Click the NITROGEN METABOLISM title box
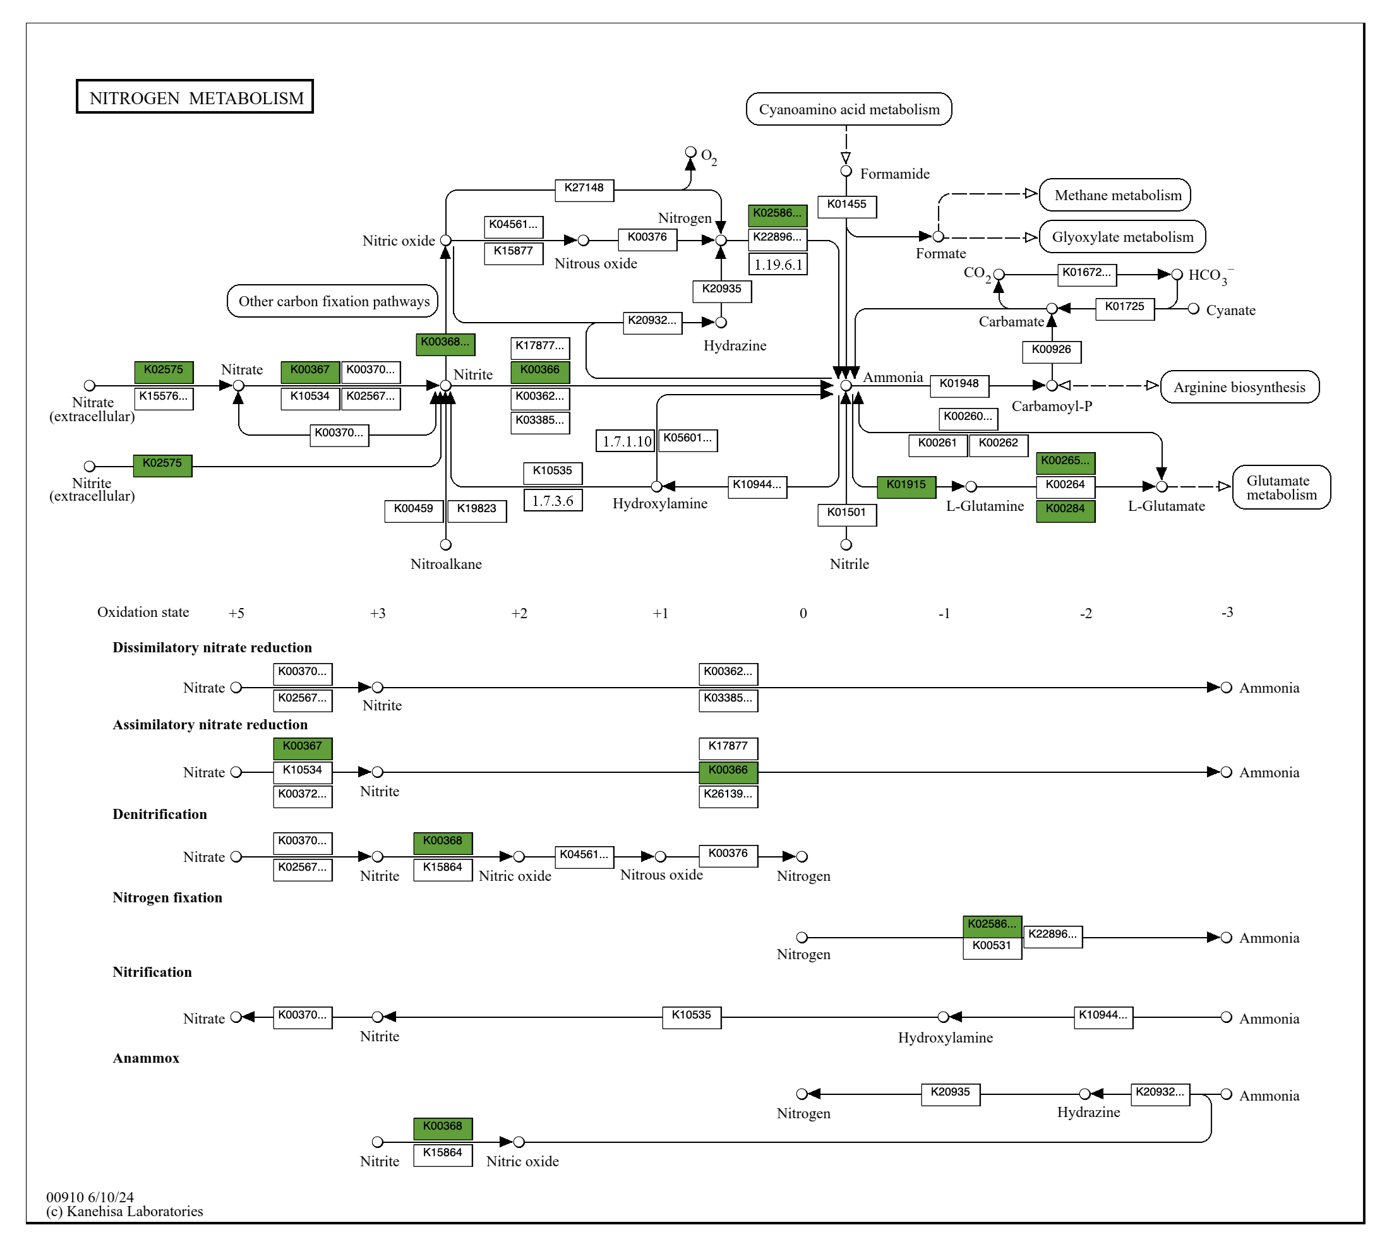(195, 97)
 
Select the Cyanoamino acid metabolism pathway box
(848, 109)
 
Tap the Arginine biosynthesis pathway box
(1239, 387)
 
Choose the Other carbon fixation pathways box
(333, 301)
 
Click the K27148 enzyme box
(584, 189)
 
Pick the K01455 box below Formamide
(846, 205)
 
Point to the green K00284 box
(1065, 510)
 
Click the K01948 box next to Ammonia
(959, 385)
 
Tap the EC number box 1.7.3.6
(553, 500)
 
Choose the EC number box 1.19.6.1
(777, 264)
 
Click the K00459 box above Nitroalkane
(413, 510)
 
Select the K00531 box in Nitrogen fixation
(992, 947)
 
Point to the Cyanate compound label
(1230, 310)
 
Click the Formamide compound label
(894, 174)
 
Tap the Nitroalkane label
(445, 564)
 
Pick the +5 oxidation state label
(236, 613)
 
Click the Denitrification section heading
(159, 814)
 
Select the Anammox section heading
(145, 1058)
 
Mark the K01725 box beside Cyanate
(1124, 308)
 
